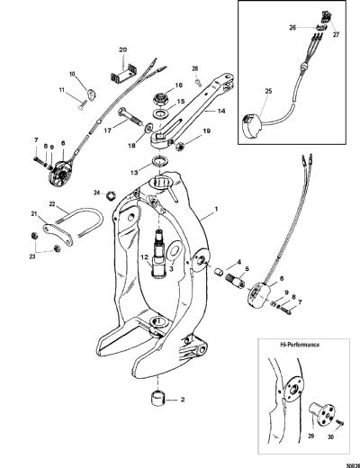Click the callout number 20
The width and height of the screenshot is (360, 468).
click(123, 49)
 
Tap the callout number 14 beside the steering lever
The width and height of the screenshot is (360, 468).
click(221, 111)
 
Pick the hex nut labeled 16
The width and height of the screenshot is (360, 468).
click(161, 98)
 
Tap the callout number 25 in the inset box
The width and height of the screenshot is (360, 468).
click(268, 91)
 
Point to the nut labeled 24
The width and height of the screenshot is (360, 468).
click(111, 196)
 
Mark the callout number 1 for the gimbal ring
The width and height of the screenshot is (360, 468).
click(217, 209)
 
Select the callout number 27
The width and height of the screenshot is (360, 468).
click(336, 34)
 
